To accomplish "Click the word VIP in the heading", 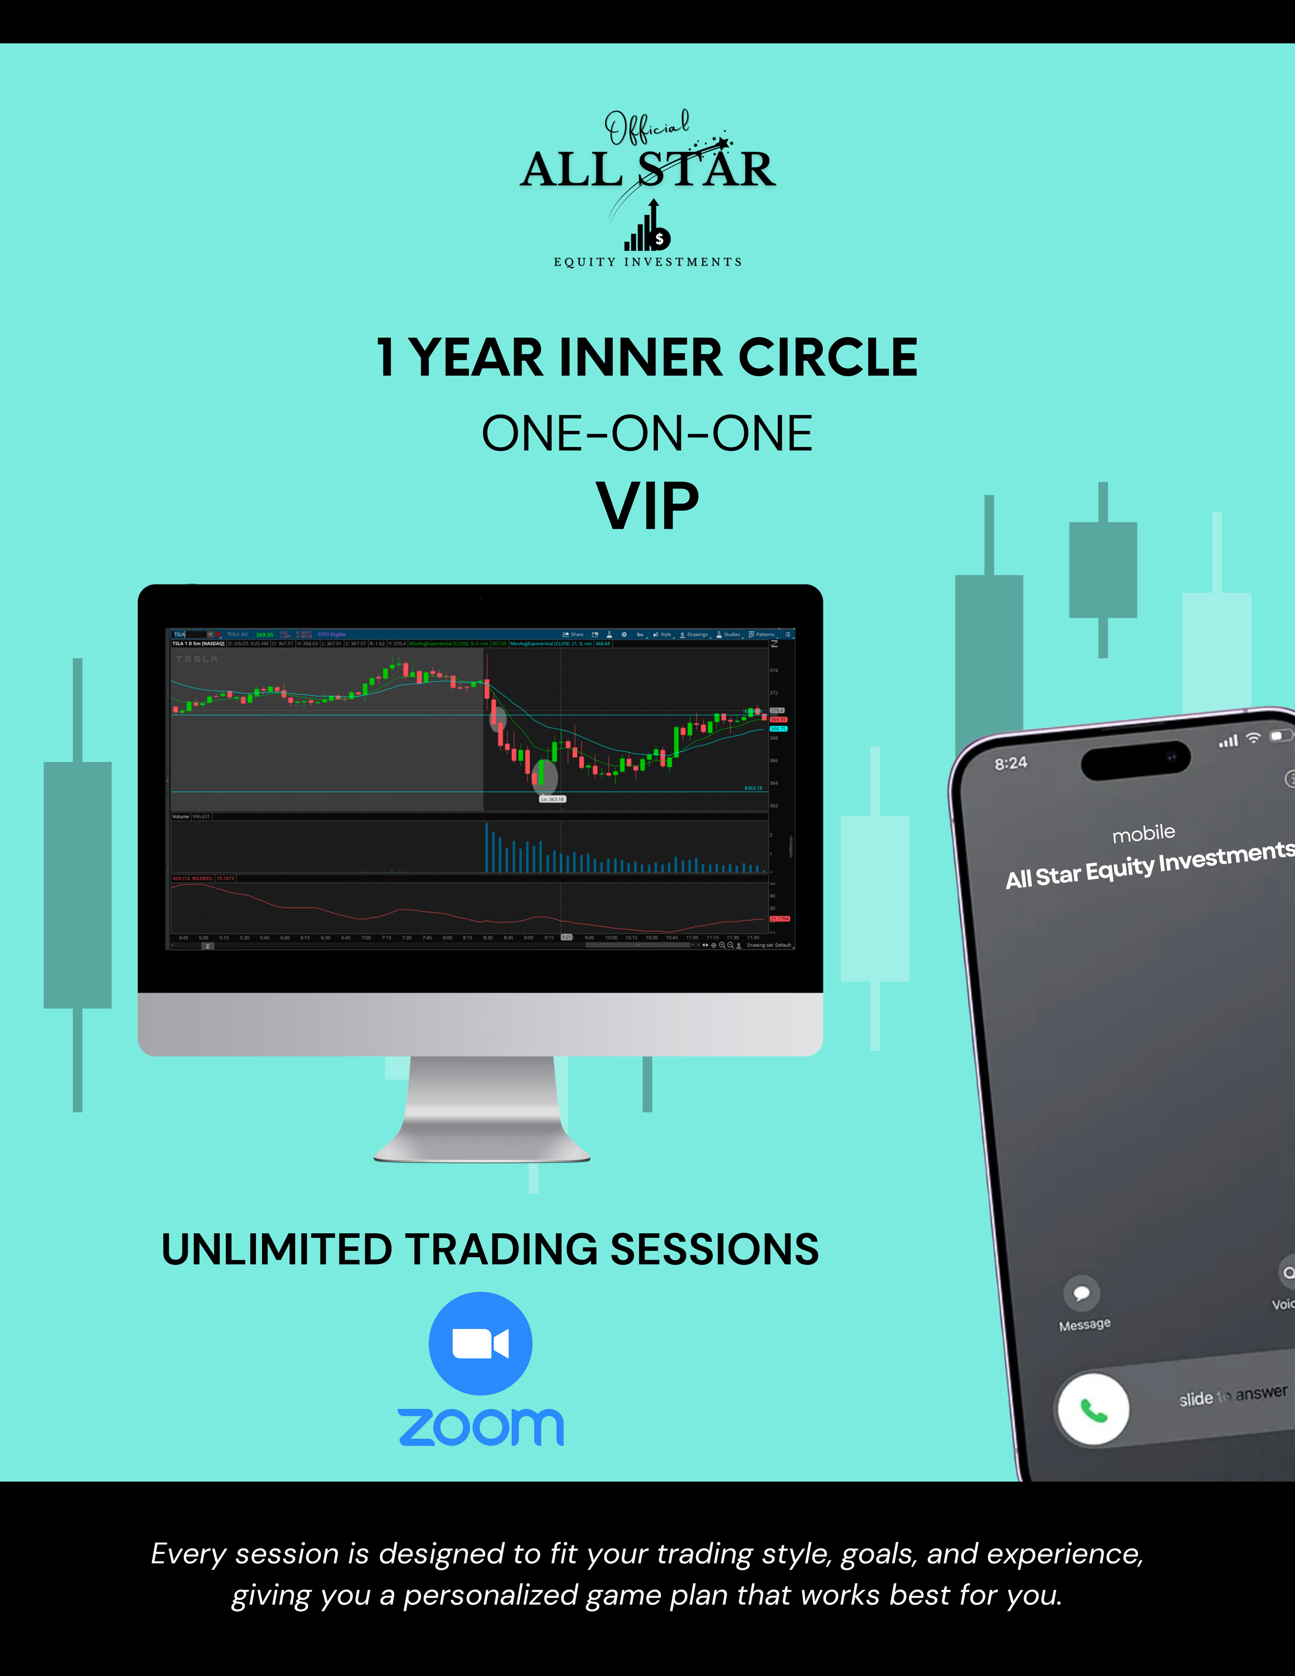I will pos(647,507).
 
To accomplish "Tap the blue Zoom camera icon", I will pos(480,1343).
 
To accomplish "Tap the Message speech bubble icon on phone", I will pos(1082,1293).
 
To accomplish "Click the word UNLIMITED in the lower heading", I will pos(276,1249).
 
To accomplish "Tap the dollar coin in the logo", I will pos(658,239).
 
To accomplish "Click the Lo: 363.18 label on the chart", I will pos(552,799).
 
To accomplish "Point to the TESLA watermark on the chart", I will pos(196,659).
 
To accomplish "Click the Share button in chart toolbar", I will pos(573,634).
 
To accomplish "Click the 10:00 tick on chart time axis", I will pos(611,937).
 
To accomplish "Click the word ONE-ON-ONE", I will pos(646,434).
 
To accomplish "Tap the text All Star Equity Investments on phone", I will pos(1149,865).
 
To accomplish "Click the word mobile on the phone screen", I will pos(1143,833).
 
